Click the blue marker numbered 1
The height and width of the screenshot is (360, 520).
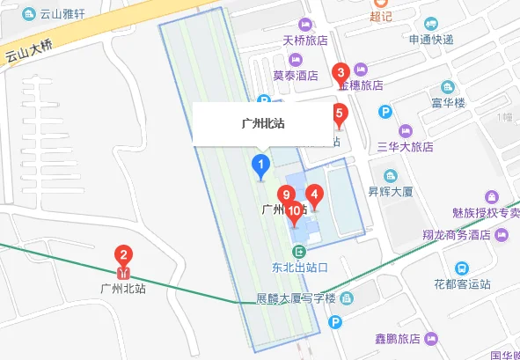tap(260, 165)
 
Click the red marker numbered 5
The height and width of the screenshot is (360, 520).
tap(339, 114)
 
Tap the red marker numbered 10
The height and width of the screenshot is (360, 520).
tap(294, 210)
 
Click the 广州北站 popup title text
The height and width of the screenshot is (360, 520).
tap(262, 124)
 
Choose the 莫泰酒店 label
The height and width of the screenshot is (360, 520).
tap(294, 77)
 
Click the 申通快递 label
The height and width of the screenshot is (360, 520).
tap(430, 40)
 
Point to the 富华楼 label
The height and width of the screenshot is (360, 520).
tap(472, 103)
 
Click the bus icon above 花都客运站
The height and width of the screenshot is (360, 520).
tap(461, 268)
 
